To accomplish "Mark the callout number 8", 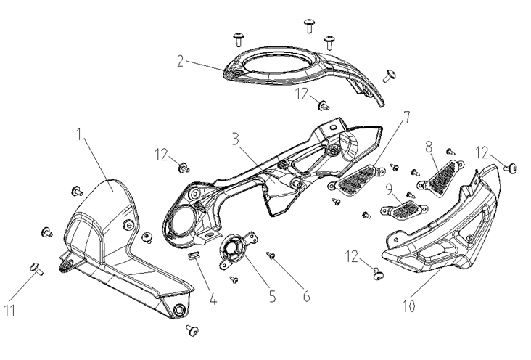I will pos(430,147).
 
